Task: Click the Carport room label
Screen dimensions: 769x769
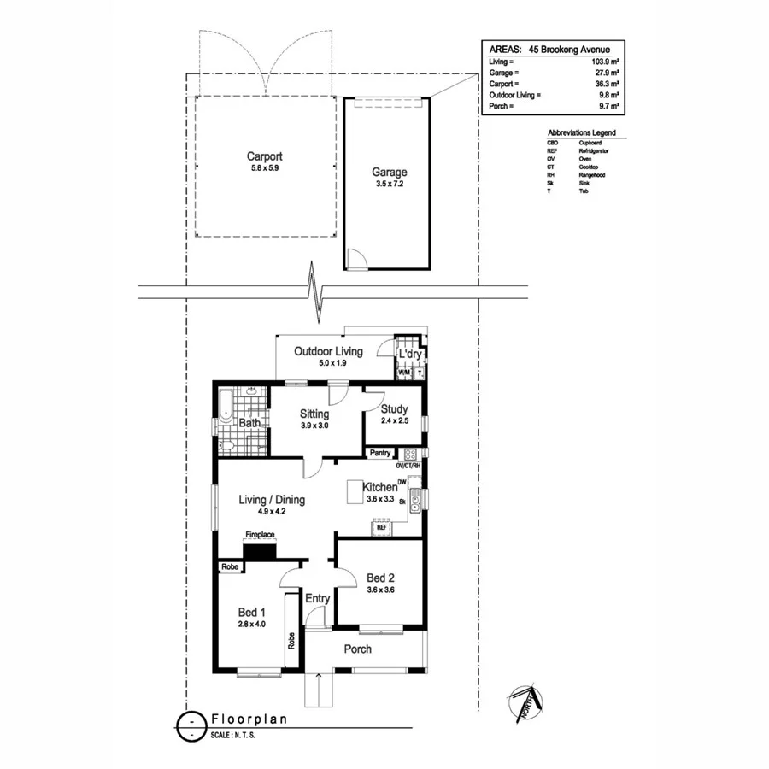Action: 264,156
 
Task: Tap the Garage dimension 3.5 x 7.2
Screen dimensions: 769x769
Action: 389,184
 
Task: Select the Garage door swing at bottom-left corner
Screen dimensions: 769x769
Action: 356,258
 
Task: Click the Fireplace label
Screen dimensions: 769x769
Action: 260,535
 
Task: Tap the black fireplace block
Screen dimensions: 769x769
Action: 259,551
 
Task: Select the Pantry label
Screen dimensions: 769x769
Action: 380,453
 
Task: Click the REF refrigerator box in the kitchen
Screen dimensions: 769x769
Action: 381,528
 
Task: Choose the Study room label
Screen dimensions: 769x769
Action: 395,409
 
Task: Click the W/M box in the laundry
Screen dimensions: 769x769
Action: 404,373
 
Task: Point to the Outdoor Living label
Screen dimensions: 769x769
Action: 328,351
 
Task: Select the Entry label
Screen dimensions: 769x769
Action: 317,599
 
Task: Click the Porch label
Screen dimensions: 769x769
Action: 357,649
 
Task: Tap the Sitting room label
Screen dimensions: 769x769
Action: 314,414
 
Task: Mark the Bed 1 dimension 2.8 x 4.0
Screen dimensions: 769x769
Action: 252,624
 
